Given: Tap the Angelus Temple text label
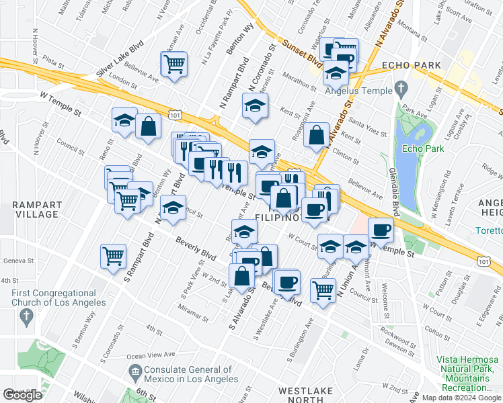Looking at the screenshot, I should tap(358, 91).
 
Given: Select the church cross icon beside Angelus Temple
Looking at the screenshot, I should tap(401, 88).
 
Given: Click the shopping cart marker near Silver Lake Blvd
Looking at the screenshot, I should tap(174, 64).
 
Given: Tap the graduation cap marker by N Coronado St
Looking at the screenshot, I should tap(255, 106).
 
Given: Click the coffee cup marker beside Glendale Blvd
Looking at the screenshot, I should tap(381, 230).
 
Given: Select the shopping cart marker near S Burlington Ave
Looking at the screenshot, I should tap(323, 290).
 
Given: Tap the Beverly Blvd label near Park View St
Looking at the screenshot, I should tap(196, 249).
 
